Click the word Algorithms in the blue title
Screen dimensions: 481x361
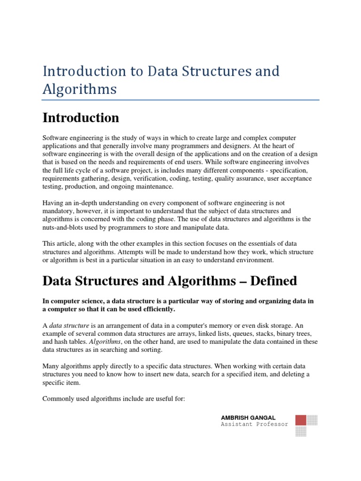pyautogui.click(x=79, y=89)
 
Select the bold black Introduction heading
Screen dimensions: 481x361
pyautogui.click(x=80, y=117)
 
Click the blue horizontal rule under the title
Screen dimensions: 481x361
pyautogui.click(x=180, y=100)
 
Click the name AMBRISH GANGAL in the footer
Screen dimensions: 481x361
pyautogui.click(x=248, y=418)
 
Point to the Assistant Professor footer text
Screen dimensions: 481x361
pyautogui.click(x=254, y=424)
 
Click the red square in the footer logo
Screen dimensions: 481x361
pyautogui.click(x=301, y=420)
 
